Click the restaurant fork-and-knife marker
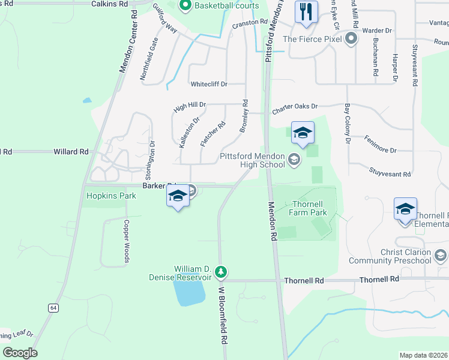(x=306, y=12)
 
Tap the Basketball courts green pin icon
(x=185, y=7)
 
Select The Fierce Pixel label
(x=312, y=40)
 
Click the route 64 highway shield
(x=53, y=308)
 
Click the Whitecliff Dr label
(x=208, y=84)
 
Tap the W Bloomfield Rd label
(x=223, y=323)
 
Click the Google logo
(x=20, y=353)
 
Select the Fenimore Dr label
(x=380, y=144)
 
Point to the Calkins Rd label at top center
(x=110, y=4)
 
